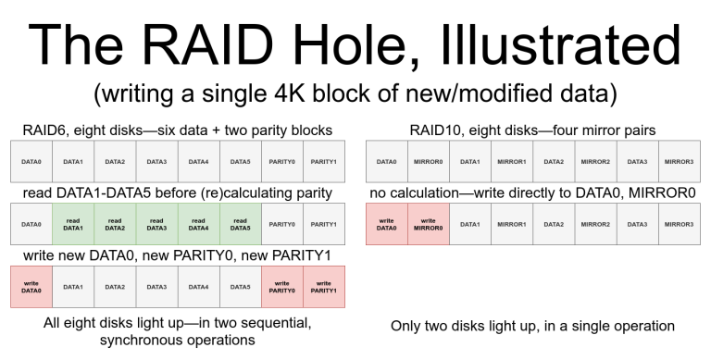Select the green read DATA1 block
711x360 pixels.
[x=72, y=224]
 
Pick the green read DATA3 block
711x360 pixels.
[x=156, y=224]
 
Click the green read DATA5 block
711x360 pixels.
[x=240, y=224]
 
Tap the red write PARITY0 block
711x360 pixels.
[x=281, y=287]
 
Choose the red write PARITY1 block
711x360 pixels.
[x=323, y=287]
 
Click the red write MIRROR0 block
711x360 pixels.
[x=429, y=224]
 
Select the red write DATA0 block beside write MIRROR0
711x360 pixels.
[x=387, y=224]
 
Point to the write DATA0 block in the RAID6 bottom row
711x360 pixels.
[x=31, y=287]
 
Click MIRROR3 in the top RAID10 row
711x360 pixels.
[x=679, y=161]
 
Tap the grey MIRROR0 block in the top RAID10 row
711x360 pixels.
[x=429, y=161]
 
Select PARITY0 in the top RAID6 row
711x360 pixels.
[x=281, y=161]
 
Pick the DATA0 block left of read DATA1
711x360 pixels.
[x=31, y=224]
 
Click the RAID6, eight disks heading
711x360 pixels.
[x=177, y=130]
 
